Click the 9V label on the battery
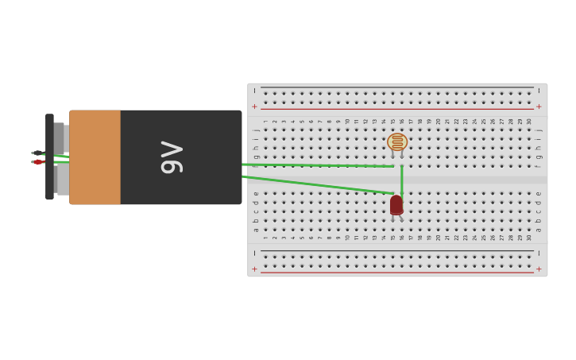pos(172,157)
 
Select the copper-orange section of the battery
pos(95,157)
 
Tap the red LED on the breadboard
pos(396,204)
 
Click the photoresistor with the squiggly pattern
pos(397,141)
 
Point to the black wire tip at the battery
pos(37,153)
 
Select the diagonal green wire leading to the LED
pos(318,184)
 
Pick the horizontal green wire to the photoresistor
pos(318,165)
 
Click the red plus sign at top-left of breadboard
pos(254,106)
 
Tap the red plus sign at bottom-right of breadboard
pos(539,269)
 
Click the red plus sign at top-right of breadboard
pos(539,106)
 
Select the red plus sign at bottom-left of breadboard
pos(254,269)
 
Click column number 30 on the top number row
pos(529,122)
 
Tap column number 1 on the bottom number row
pos(265,237)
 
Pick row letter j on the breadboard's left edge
pos(257,130)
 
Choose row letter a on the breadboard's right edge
pos(539,230)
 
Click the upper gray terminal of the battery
pos(60,138)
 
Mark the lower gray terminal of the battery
pos(62,179)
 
